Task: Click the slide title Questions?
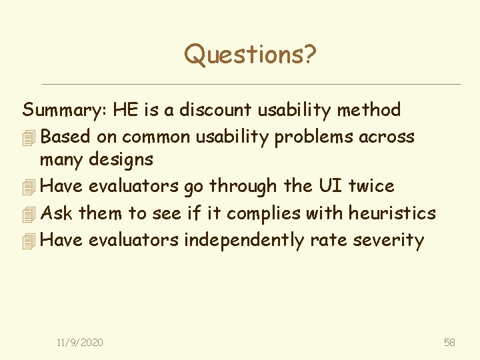coord(250,54)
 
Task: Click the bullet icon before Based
coord(28,138)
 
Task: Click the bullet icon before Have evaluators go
coord(28,188)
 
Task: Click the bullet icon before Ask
coord(28,215)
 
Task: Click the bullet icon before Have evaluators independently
coord(28,241)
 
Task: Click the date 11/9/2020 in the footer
coord(80,342)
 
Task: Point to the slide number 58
coord(449,342)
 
